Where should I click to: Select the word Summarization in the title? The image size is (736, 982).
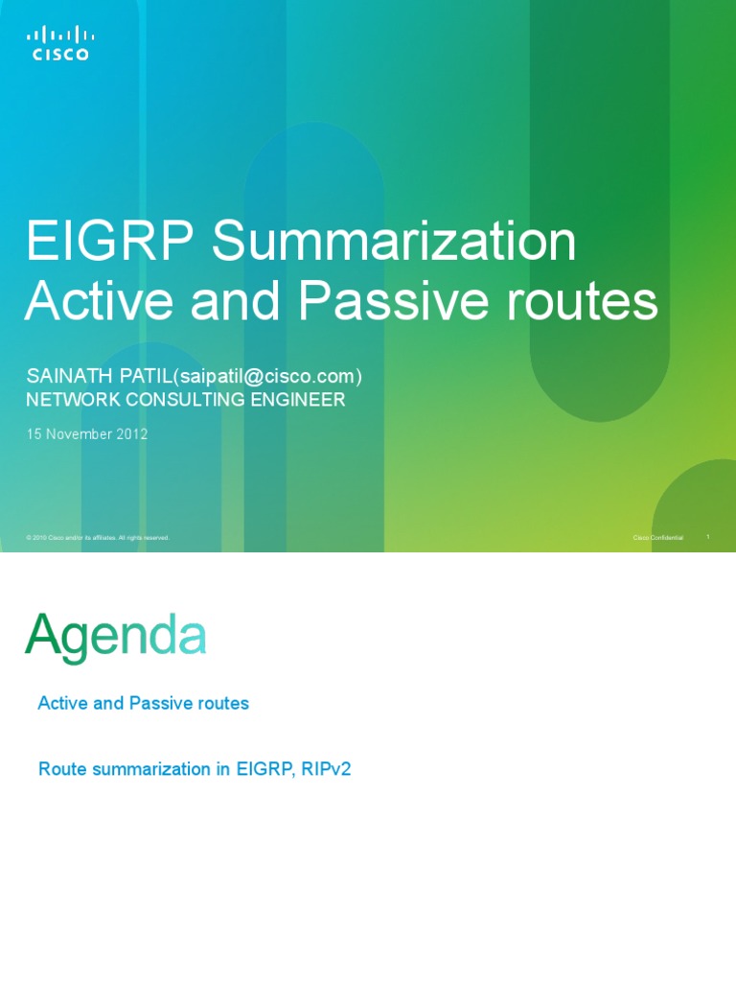pyautogui.click(x=394, y=242)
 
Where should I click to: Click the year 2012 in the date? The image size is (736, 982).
pyautogui.click(x=131, y=433)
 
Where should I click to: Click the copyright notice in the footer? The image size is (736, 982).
pyautogui.click(x=98, y=538)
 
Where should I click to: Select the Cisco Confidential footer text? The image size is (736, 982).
pyautogui.click(x=658, y=538)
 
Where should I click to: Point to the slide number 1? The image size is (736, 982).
pyautogui.click(x=707, y=537)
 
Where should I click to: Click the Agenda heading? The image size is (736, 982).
pyautogui.click(x=115, y=636)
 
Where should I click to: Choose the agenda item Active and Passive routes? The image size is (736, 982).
pyautogui.click(x=143, y=703)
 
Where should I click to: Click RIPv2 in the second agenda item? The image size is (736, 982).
pyautogui.click(x=326, y=769)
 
